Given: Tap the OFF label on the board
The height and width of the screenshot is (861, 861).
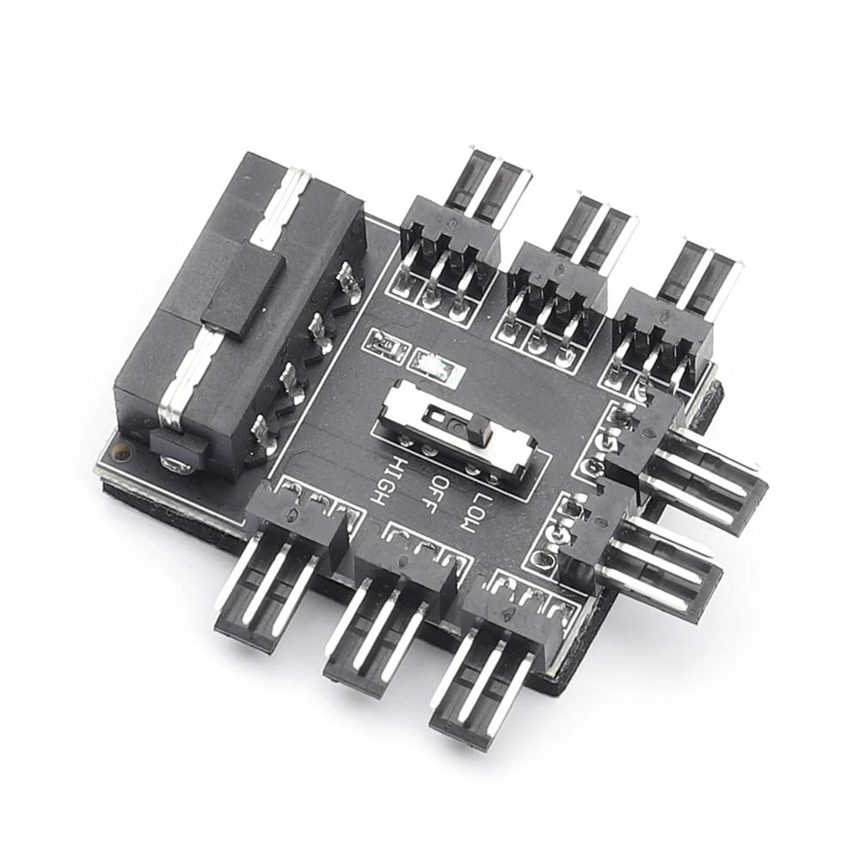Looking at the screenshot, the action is point(430,492).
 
